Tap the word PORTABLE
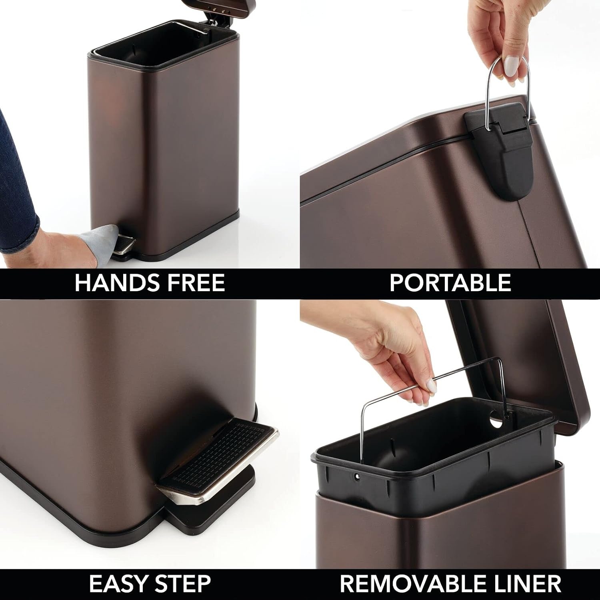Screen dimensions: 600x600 [450, 283]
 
